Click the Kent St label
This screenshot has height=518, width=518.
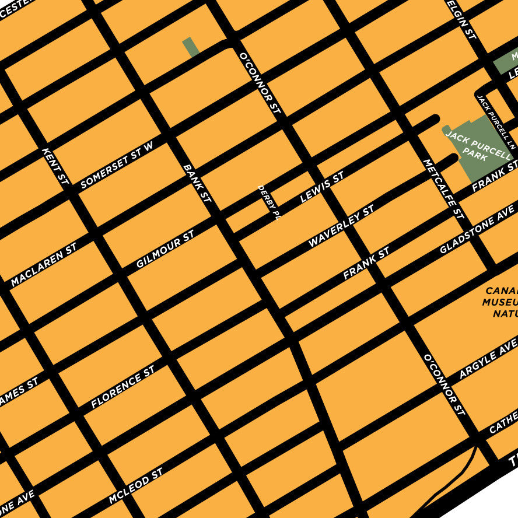pos(56,166)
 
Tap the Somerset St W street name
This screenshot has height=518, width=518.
pos(117,164)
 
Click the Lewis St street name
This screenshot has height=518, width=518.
pos(321,187)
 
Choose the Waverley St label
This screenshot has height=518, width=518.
pos(341,226)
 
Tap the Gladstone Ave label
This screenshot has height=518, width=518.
pos(477,233)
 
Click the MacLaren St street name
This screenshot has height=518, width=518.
pos(44,265)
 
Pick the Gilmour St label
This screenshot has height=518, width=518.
pos(165,249)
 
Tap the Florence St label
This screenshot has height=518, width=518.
pos(123,387)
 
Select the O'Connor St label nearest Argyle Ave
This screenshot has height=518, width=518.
pos(444,384)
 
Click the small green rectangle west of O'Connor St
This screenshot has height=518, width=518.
pos(190,47)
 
